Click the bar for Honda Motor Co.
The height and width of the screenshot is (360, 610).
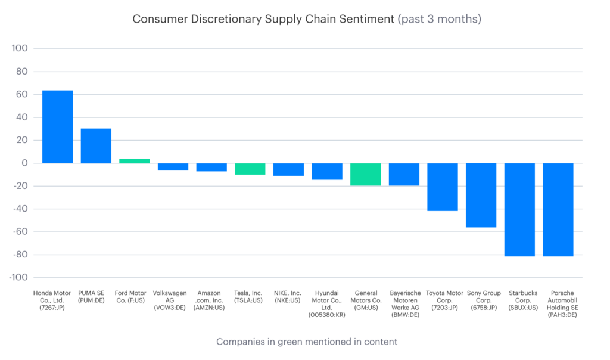(57, 126)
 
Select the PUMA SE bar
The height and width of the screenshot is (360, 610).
(96, 145)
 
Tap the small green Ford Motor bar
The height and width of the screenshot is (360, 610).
(135, 160)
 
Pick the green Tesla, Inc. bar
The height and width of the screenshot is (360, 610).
(250, 169)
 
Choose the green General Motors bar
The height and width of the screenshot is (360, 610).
(365, 174)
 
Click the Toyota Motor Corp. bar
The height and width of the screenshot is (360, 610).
(442, 187)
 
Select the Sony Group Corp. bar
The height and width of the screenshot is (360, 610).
(481, 195)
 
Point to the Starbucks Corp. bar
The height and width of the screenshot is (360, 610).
(519, 209)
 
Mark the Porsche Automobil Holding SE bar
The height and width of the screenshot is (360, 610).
(558, 209)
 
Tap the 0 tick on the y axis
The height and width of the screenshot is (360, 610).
(24, 163)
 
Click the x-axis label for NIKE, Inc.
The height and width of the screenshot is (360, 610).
(288, 297)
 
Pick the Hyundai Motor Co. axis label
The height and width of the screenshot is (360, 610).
(326, 303)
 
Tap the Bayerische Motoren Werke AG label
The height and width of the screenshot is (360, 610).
(404, 303)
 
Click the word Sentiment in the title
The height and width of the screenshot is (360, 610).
(365, 19)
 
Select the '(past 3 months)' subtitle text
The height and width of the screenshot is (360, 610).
(440, 19)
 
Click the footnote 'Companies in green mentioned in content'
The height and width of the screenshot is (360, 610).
(306, 342)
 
